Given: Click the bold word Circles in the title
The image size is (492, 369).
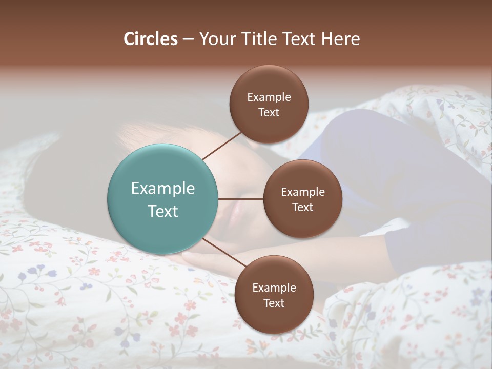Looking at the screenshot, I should point(151,39).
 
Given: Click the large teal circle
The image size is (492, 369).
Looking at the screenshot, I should point(163,199).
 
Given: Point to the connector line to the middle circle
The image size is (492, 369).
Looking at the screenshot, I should point(241,199).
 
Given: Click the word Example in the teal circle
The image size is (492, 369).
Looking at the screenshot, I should point(163,189).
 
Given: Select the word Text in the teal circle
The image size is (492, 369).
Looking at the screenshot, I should point(163,211).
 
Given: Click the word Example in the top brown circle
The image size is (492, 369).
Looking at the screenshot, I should point(269,97).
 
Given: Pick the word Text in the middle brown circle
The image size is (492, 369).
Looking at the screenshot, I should point(302,207).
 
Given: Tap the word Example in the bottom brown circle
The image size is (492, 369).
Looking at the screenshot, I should point(274,288).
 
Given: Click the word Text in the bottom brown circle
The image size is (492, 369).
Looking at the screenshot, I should point(274,303).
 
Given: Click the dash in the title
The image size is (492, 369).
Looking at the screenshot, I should point(188,39).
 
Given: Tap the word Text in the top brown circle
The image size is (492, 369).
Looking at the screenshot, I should point(269,112).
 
